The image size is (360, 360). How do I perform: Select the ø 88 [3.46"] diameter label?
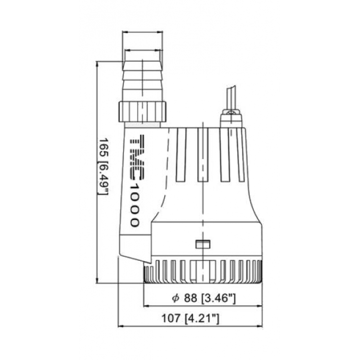(204, 298)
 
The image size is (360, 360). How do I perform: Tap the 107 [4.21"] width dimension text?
(190, 318)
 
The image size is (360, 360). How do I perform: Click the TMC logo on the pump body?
(137, 157)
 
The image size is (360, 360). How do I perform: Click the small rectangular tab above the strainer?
(203, 244)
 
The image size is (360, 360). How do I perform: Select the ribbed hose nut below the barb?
(142, 112)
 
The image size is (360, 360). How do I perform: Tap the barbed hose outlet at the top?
(142, 81)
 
